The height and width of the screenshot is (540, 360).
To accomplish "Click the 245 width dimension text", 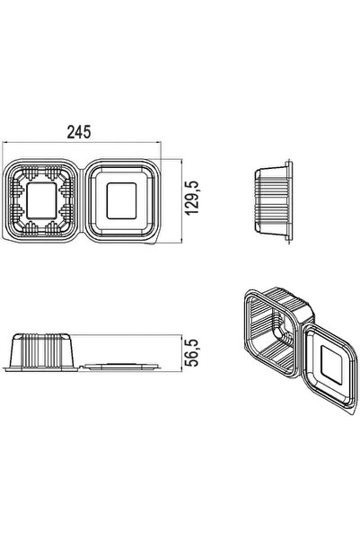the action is pyautogui.click(x=79, y=132).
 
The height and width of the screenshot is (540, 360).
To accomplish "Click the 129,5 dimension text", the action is pyautogui.click(x=192, y=198).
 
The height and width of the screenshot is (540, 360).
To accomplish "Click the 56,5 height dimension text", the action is pyautogui.click(x=192, y=352).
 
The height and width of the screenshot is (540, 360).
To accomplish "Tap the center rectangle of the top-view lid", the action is pyautogui.click(x=121, y=200).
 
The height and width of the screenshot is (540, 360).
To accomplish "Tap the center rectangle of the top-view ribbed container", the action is pyautogui.click(x=41, y=200).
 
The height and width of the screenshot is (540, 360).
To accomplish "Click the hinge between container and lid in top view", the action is pyautogui.click(x=80, y=200).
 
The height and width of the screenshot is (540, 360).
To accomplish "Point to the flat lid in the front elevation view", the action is pyautogui.click(x=122, y=366).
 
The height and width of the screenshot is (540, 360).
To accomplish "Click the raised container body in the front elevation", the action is pyautogui.click(x=42, y=350).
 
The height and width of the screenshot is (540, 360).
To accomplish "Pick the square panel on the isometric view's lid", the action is pyautogui.click(x=331, y=365).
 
